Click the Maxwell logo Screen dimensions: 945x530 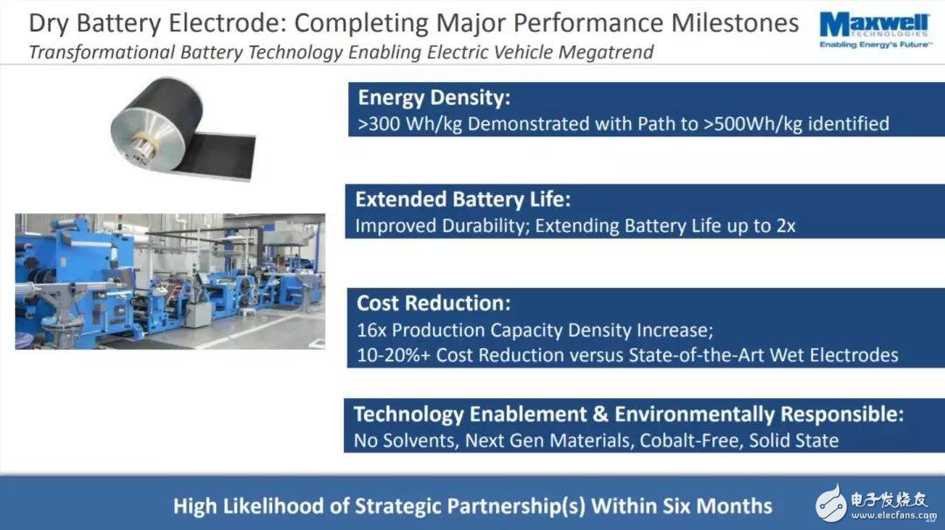click(874, 30)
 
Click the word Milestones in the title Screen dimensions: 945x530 click(735, 23)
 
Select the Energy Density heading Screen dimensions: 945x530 click(434, 98)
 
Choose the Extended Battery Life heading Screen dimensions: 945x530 click(463, 199)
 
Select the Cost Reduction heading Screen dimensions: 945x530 click(433, 303)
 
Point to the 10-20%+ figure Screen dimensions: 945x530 click(394, 355)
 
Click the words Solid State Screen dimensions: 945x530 click(794, 441)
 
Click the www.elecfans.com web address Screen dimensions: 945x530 click(893, 515)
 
